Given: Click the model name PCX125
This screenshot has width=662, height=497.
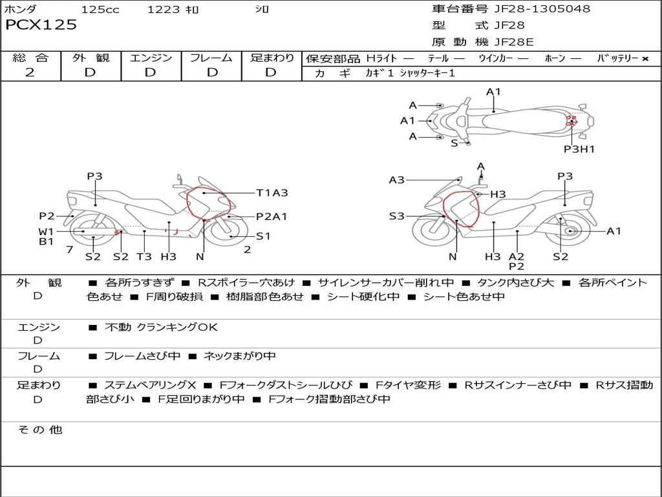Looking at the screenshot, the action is click(x=41, y=25).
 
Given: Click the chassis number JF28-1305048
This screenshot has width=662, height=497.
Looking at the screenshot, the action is click(x=542, y=9).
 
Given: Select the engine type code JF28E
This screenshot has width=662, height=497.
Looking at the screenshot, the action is click(x=514, y=42).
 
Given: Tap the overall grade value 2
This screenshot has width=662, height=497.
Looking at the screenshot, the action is click(x=30, y=72).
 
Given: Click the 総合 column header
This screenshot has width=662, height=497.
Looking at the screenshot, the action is click(x=30, y=58).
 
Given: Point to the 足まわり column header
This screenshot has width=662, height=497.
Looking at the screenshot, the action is click(x=272, y=58).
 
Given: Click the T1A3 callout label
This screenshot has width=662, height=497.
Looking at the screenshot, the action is click(x=272, y=193).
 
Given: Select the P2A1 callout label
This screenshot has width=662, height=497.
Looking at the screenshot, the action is click(x=272, y=217).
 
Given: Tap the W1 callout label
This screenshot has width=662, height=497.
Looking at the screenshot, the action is click(x=46, y=232).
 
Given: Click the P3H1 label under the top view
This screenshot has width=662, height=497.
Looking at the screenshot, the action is click(x=579, y=149).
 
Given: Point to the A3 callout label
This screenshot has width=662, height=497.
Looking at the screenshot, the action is click(x=396, y=180).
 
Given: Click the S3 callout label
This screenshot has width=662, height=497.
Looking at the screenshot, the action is click(x=396, y=216).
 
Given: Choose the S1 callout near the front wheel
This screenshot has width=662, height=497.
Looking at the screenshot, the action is click(x=263, y=236).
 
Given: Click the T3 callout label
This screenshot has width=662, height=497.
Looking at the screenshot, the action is click(x=144, y=256).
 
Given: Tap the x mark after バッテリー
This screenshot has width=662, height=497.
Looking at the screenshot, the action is click(x=645, y=59).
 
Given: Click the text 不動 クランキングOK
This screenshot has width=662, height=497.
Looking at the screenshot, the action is click(x=161, y=327).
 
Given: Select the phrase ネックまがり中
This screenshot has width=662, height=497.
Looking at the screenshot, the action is click(x=239, y=357).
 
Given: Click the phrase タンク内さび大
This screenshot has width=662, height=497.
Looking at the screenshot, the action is click(x=515, y=283).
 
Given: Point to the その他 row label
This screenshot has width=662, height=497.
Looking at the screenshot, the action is click(x=40, y=430).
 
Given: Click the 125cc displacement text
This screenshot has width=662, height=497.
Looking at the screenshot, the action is click(x=100, y=9).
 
